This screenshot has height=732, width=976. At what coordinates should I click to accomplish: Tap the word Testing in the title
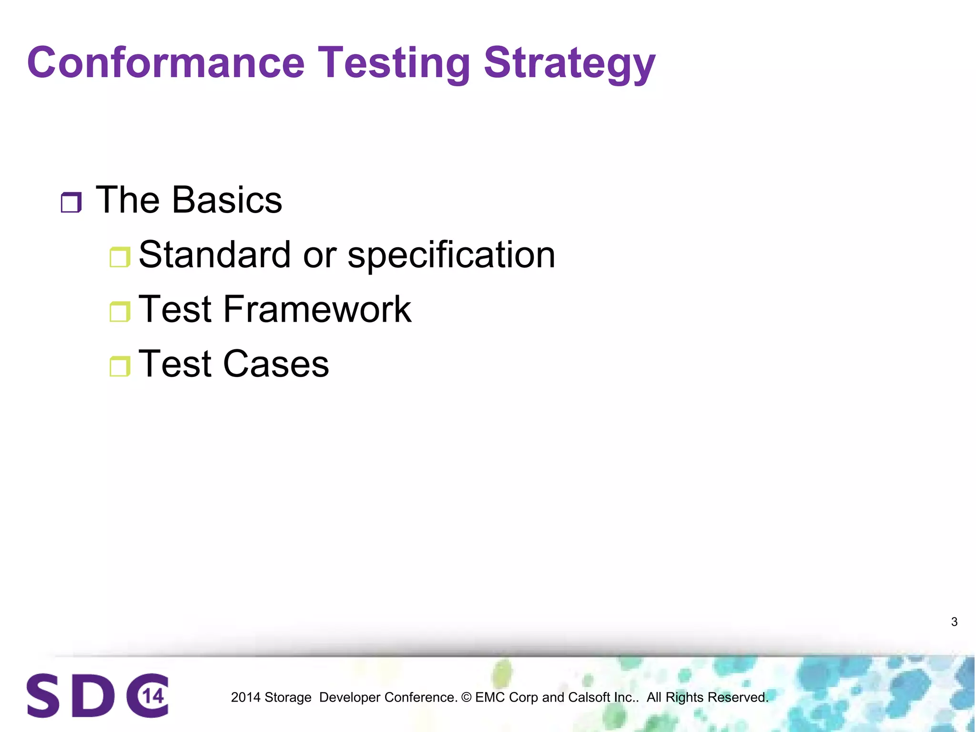[394, 63]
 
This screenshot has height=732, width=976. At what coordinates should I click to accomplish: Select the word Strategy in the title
[569, 63]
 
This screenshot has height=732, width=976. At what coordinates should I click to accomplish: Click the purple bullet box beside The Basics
[71, 202]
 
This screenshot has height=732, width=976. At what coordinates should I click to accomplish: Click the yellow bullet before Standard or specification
[120, 257]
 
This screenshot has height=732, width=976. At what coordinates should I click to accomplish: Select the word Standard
[214, 254]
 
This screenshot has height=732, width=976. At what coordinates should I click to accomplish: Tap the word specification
[451, 255]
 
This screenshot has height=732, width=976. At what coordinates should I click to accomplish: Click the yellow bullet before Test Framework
[120, 312]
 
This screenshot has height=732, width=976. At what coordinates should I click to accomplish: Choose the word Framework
[316, 309]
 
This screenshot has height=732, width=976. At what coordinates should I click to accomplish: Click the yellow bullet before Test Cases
[120, 366]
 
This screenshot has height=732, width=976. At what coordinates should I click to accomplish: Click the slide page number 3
[954, 622]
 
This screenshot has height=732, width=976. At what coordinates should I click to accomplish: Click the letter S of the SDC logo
[43, 695]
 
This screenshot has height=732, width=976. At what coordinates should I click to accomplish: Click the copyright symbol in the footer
[466, 697]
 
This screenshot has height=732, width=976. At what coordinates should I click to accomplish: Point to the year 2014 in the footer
[245, 697]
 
